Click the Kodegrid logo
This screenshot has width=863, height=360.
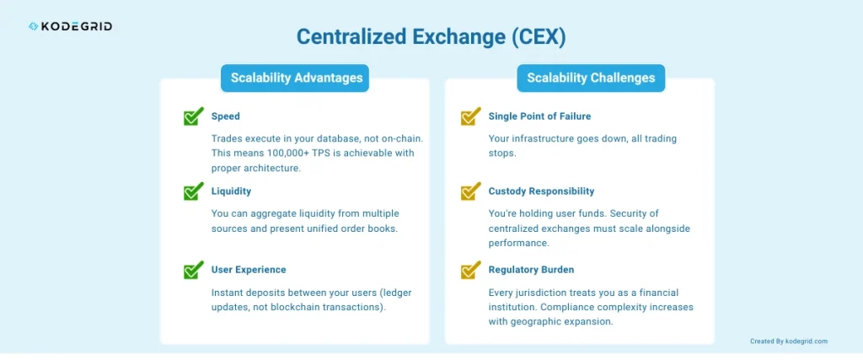tap(70, 26)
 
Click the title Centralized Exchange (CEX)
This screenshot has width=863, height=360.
tap(431, 37)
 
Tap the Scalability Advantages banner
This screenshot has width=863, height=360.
tap(295, 78)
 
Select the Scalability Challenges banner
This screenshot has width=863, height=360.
tap(591, 78)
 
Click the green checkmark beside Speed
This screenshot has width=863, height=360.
tap(193, 116)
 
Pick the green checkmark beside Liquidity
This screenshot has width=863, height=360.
tap(193, 191)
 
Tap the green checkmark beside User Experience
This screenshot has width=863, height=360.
tap(193, 270)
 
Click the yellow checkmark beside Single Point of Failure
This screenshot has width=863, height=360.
tap(470, 116)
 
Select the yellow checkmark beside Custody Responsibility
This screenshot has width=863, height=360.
tap(470, 191)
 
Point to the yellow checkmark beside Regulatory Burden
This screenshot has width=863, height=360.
tap(470, 270)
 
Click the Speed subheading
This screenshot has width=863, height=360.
tap(226, 116)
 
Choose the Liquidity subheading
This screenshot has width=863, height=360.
tap(231, 191)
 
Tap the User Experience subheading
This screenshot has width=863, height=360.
tap(249, 270)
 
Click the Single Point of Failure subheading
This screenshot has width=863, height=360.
tap(540, 116)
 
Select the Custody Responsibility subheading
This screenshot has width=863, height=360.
tap(542, 191)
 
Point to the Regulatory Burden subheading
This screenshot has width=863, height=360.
tap(531, 270)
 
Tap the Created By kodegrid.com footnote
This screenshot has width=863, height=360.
tap(789, 341)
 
